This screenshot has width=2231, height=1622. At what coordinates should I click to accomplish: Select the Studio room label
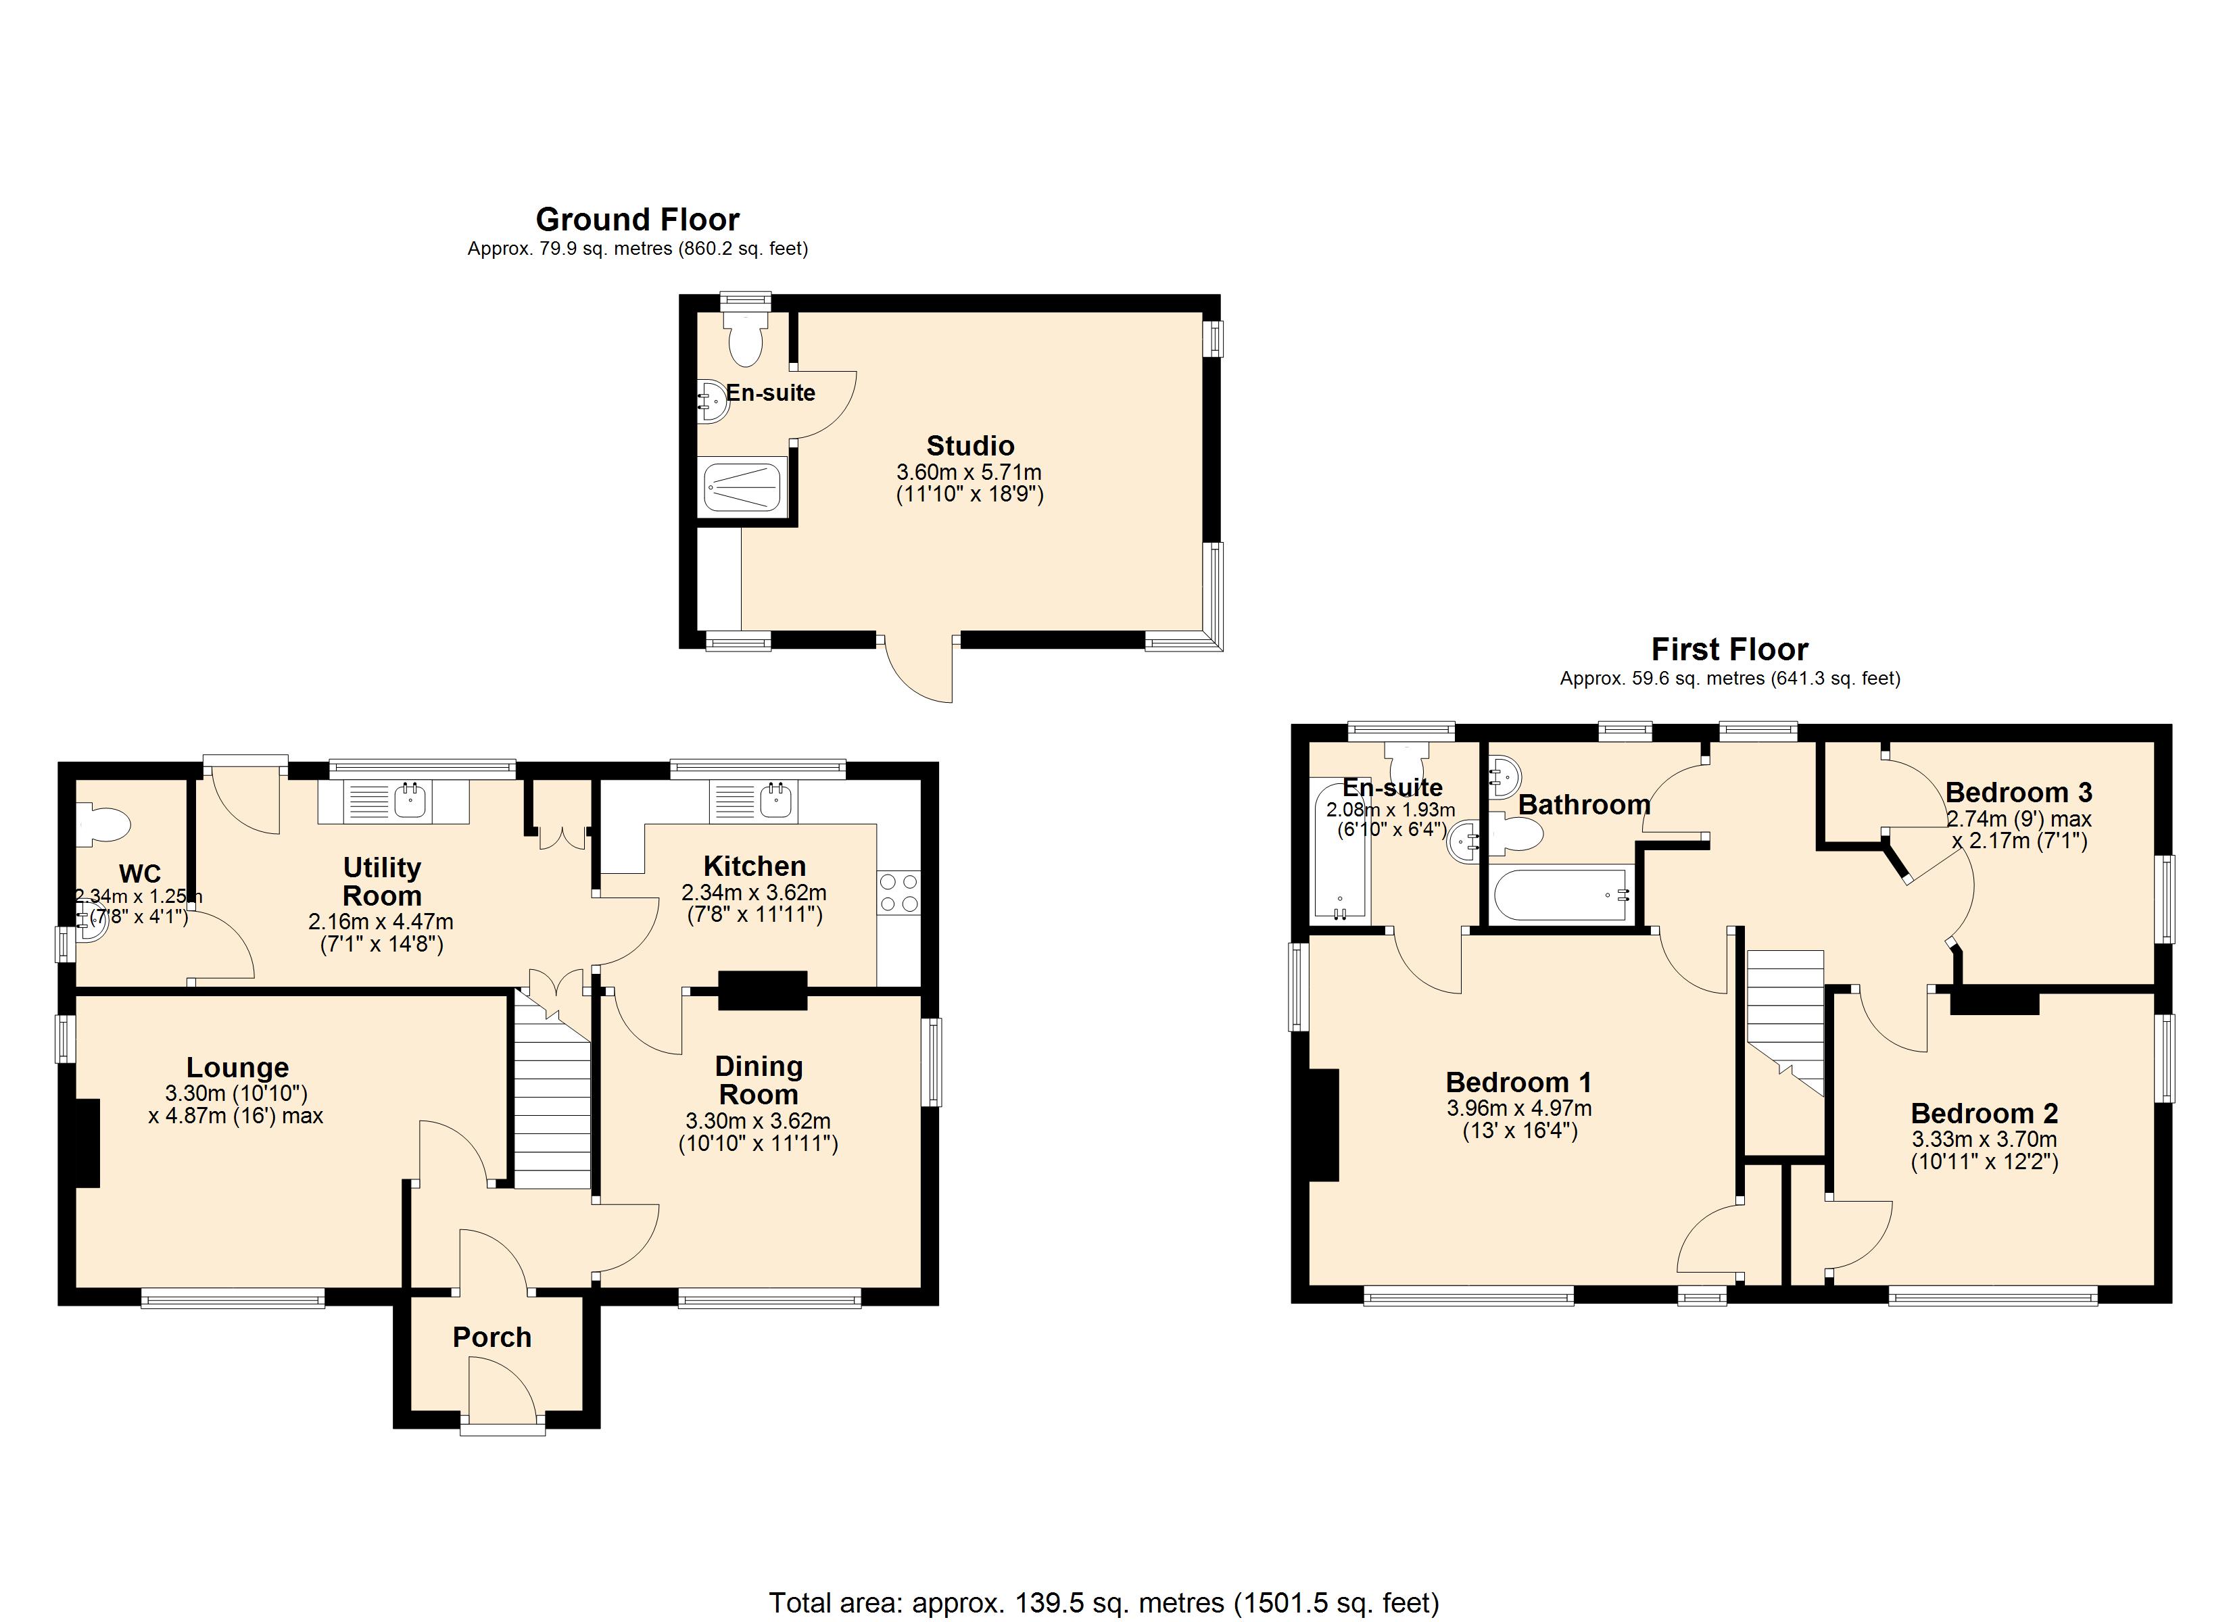[970, 445]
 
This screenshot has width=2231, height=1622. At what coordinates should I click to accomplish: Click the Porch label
[492, 1337]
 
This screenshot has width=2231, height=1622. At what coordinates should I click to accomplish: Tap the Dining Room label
[759, 1080]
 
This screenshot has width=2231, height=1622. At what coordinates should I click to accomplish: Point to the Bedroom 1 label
[1518, 1082]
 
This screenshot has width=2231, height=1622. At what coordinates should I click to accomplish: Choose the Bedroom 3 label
[2019, 792]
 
